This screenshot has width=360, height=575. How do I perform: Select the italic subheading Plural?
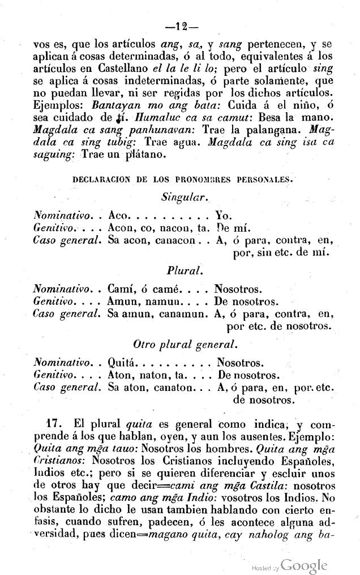[181, 271]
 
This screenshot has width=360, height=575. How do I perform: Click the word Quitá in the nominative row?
[122, 362]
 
